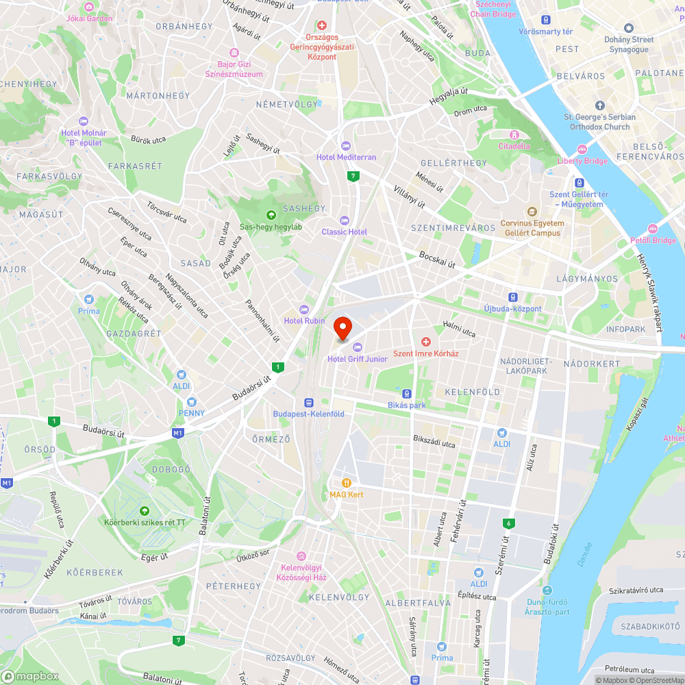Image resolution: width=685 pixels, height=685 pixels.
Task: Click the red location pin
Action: (342, 327)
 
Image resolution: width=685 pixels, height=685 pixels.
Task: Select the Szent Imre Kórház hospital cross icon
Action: (425, 341)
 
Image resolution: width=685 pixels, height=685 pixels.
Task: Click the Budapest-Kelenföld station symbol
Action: (308, 403)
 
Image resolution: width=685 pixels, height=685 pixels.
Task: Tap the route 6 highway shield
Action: (508, 523)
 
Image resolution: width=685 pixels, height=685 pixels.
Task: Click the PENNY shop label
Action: (191, 412)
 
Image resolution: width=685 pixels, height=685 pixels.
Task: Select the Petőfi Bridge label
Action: (653, 240)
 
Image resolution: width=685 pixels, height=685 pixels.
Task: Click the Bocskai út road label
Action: (437, 259)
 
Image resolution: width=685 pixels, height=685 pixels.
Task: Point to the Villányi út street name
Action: (410, 195)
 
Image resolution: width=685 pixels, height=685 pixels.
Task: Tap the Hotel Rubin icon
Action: (304, 310)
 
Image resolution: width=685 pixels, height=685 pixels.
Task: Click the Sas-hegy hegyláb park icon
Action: (271, 215)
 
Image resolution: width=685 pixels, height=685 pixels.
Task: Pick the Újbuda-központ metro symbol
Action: (513, 297)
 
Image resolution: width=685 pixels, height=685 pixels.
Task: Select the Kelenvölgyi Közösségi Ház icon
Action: (301, 556)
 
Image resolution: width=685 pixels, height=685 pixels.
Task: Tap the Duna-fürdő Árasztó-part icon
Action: (546, 591)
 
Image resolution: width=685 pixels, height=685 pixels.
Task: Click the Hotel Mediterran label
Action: (346, 157)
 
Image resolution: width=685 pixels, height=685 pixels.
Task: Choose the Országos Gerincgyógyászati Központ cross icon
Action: (321, 25)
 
